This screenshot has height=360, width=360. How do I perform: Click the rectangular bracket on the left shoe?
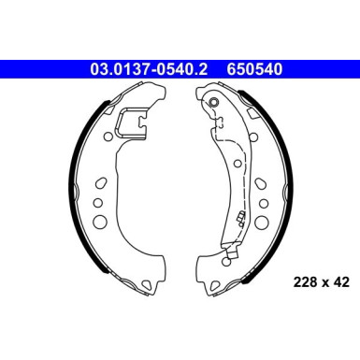point(132,123)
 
